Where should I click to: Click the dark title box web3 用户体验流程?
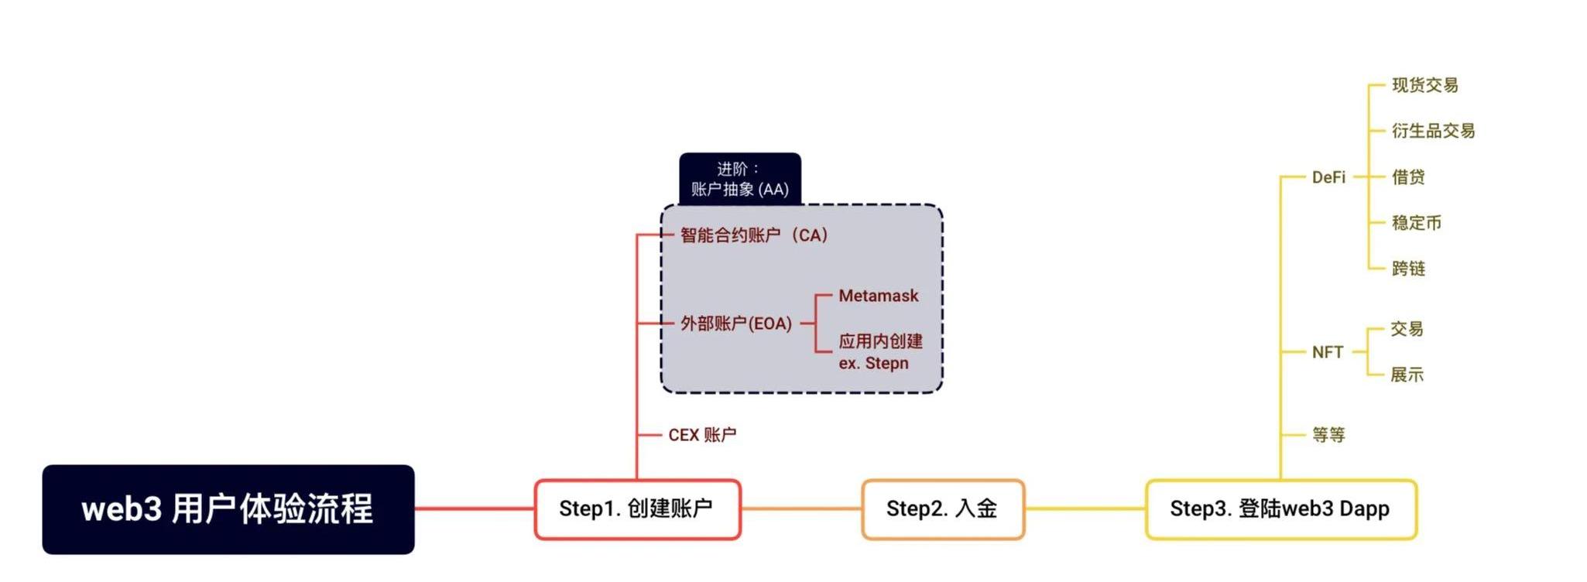[228, 509]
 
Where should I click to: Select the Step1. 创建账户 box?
[637, 509]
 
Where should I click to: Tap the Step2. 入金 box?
[943, 509]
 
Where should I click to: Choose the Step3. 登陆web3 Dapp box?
[1280, 509]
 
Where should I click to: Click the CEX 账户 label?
[702, 435]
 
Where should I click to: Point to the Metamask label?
[879, 296]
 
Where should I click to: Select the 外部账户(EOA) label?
[736, 324]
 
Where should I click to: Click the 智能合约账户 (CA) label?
[754, 235]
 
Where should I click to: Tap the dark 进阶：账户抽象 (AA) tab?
[740, 179]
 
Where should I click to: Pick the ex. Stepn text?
[873, 363]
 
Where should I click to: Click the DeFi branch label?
[1328, 177]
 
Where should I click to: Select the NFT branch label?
[1328, 352]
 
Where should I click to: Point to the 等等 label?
[1328, 435]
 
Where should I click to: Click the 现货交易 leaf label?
[1425, 85]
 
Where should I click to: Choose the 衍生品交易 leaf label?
[1434, 131]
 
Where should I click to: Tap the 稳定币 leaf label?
[1417, 223]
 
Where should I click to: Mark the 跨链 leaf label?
[1409, 269]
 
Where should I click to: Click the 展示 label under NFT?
[1407, 375]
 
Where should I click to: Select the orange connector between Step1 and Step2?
[801, 509]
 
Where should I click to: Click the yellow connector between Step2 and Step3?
[1085, 509]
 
